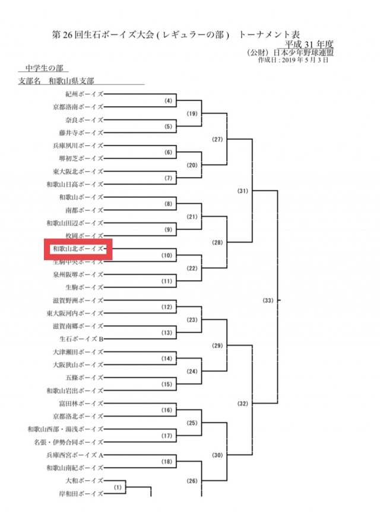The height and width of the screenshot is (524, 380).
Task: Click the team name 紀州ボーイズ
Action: pos(84,94)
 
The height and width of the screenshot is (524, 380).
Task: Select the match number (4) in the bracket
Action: pos(169,101)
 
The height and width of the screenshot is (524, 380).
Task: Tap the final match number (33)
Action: pos(268,301)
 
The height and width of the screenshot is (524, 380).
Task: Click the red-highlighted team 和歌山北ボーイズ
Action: pos(78,249)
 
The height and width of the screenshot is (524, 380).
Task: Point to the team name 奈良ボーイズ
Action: pos(84,120)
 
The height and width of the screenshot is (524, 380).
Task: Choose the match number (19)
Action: pos(192,114)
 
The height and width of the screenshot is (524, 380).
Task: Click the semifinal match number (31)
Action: pos(243,191)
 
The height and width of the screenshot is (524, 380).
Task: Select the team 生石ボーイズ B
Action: pos(81,339)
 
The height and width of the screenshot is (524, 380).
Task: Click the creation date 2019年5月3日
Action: pos(305,60)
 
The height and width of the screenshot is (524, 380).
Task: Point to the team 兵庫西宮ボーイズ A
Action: pos(75,455)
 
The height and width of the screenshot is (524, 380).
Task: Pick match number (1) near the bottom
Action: pos(118,487)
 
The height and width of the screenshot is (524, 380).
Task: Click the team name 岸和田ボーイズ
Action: pos(81,494)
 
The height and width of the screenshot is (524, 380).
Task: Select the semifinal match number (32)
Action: pos(243,404)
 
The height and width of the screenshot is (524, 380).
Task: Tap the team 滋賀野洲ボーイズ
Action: pos(78,301)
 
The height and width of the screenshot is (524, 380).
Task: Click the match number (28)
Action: pos(217,242)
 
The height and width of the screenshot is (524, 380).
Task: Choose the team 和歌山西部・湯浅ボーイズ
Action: pos(66,429)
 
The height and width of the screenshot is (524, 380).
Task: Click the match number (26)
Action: pos(192,481)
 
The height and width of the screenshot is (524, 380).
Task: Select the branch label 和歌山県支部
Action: pos(71,81)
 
